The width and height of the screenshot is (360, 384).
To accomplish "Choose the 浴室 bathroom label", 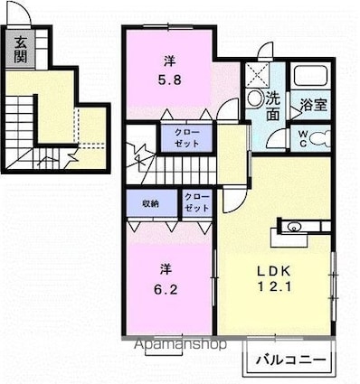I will coord(314,104).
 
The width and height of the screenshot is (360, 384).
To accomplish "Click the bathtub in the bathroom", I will coord(316,76).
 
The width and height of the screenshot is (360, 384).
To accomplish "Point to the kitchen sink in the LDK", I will coord(295,227).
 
